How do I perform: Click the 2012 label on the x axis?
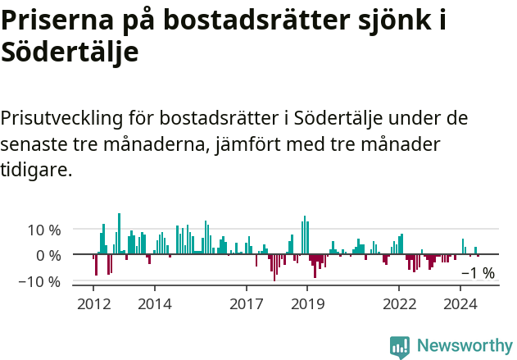[93, 303]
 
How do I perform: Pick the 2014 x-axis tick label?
[155, 303]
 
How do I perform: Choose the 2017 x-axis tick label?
[247, 303]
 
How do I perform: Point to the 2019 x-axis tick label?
[307, 303]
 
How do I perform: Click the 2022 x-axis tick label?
[399, 303]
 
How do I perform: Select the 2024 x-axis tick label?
[460, 303]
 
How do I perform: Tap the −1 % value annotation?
[478, 273]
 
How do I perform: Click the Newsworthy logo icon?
[400, 346]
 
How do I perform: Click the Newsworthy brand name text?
[464, 346]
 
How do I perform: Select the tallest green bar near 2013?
[119, 234]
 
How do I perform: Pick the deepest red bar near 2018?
[274, 267]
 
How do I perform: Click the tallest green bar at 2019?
[304, 235]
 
